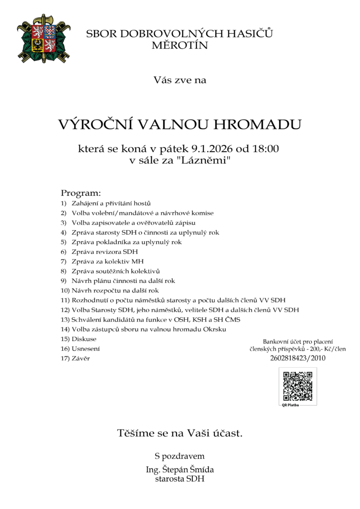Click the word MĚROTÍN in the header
[x=180, y=46]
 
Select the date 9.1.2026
[x=205, y=149]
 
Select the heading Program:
[x=81, y=193]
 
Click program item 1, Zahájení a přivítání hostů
[x=111, y=203]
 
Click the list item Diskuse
[x=84, y=339]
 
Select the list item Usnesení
[x=86, y=348]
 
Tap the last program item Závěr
[x=82, y=358]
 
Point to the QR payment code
[x=297, y=386]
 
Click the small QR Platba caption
[x=290, y=405]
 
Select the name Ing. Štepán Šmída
[x=180, y=470]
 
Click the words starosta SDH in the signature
[x=180, y=479]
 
